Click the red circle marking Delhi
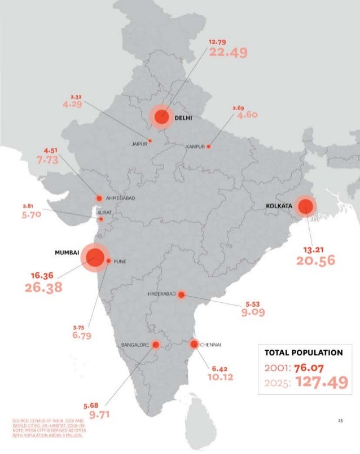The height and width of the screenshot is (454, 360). [x=162, y=117]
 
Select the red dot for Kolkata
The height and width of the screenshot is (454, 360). [x=305, y=206]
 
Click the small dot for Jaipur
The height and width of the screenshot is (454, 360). [x=150, y=140]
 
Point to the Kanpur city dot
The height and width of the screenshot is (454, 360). [x=208, y=146]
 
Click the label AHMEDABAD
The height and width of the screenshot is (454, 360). [x=121, y=199]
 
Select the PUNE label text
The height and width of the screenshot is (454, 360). [x=120, y=262]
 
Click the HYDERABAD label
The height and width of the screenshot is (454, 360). [x=162, y=294]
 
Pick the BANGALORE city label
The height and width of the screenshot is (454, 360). [x=135, y=344]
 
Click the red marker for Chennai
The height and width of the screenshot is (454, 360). [x=194, y=344]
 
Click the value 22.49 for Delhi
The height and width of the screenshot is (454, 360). [x=228, y=52]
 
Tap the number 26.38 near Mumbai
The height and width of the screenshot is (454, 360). [x=43, y=288]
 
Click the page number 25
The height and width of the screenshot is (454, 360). [x=340, y=420]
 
